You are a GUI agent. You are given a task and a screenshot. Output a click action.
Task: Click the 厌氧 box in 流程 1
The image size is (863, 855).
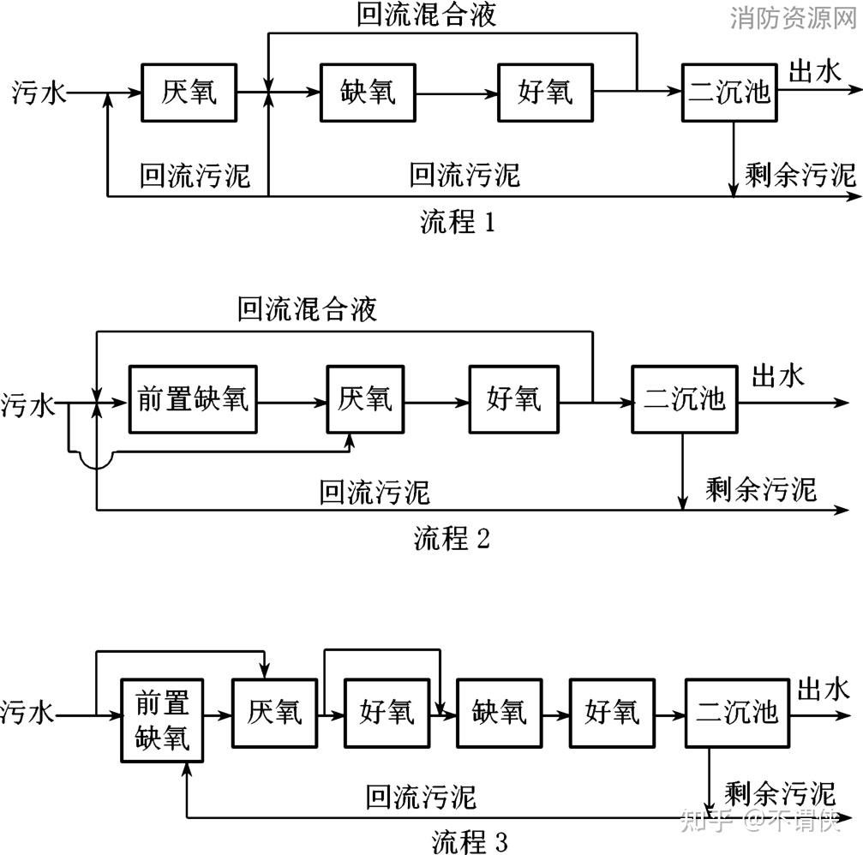[189, 92]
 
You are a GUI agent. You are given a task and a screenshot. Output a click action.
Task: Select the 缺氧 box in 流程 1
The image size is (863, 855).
[368, 92]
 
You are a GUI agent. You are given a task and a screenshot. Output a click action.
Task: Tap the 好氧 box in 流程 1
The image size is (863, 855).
[547, 92]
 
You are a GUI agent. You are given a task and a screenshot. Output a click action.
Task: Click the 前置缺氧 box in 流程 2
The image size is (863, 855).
[193, 398]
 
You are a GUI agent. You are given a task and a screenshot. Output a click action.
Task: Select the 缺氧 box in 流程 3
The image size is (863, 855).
[498, 712]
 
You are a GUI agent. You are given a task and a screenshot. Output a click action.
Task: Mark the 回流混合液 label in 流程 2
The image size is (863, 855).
[307, 309]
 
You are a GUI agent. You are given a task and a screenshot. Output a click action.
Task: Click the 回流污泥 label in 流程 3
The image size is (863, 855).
[421, 797]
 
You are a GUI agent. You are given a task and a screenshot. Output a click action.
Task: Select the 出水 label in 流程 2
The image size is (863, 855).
[778, 376]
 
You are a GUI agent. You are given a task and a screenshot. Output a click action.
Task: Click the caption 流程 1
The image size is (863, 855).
[457, 222]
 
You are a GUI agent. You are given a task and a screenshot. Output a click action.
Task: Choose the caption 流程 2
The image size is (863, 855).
[452, 539]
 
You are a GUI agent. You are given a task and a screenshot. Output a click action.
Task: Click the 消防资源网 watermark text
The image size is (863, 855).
[794, 19]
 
